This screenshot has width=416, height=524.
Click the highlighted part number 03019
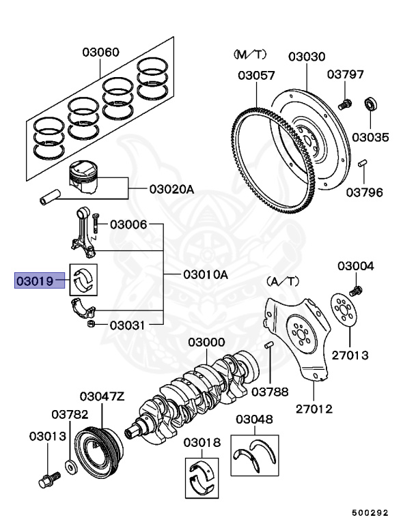(x=34, y=279)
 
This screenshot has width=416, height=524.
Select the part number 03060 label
(x=101, y=52)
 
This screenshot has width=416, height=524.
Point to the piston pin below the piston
(x=49, y=199)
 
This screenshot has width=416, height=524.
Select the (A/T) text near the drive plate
(x=281, y=280)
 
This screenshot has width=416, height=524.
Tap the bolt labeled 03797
(x=344, y=104)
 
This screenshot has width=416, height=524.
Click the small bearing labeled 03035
(x=371, y=104)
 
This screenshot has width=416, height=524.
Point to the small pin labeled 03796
(x=363, y=163)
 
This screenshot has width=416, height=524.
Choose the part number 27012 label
(x=314, y=409)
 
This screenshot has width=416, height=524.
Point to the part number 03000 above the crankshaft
(x=207, y=342)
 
